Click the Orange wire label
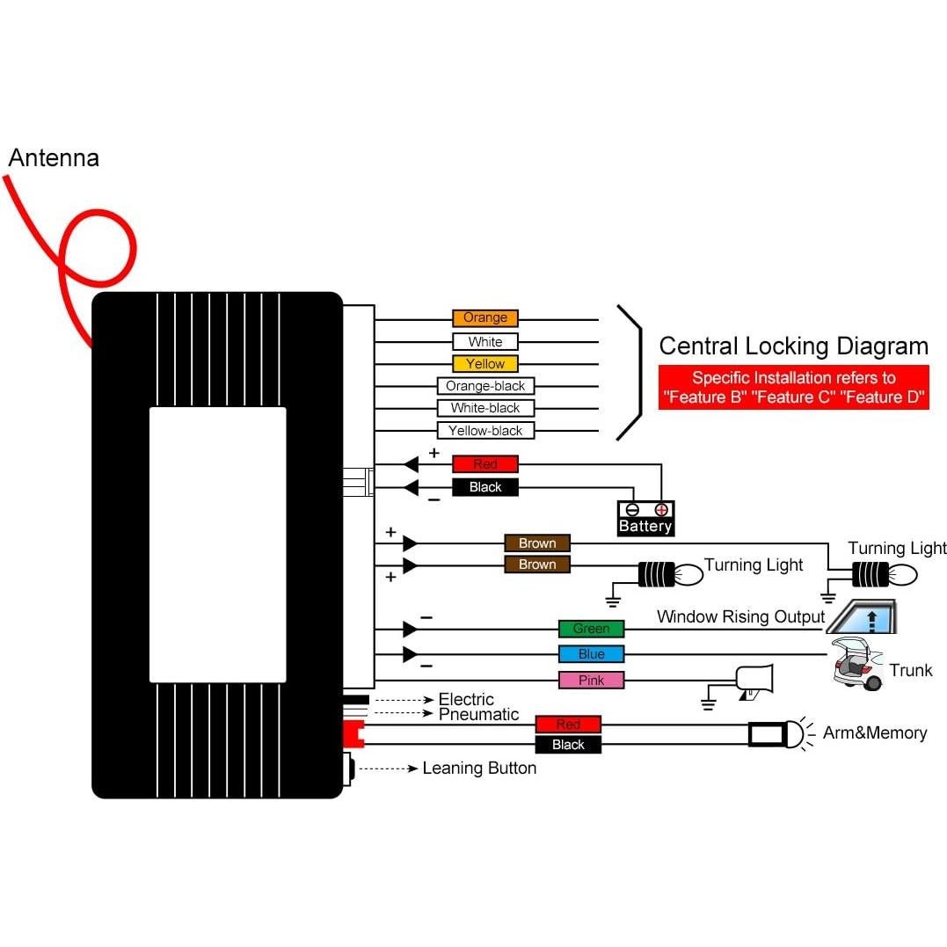(485, 318)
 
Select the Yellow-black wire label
(485, 431)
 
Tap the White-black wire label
(485, 408)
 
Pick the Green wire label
(591, 629)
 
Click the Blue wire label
(591, 654)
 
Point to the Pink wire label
(591, 681)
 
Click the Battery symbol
(645, 519)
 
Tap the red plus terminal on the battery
(661, 509)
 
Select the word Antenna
(54, 158)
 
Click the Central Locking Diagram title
(793, 346)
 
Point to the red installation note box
(793, 387)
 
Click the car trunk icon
(857, 666)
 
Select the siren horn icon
(754, 680)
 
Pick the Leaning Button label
(479, 769)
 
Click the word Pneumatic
(479, 715)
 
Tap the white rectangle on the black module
(217, 544)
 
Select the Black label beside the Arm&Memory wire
(568, 746)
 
